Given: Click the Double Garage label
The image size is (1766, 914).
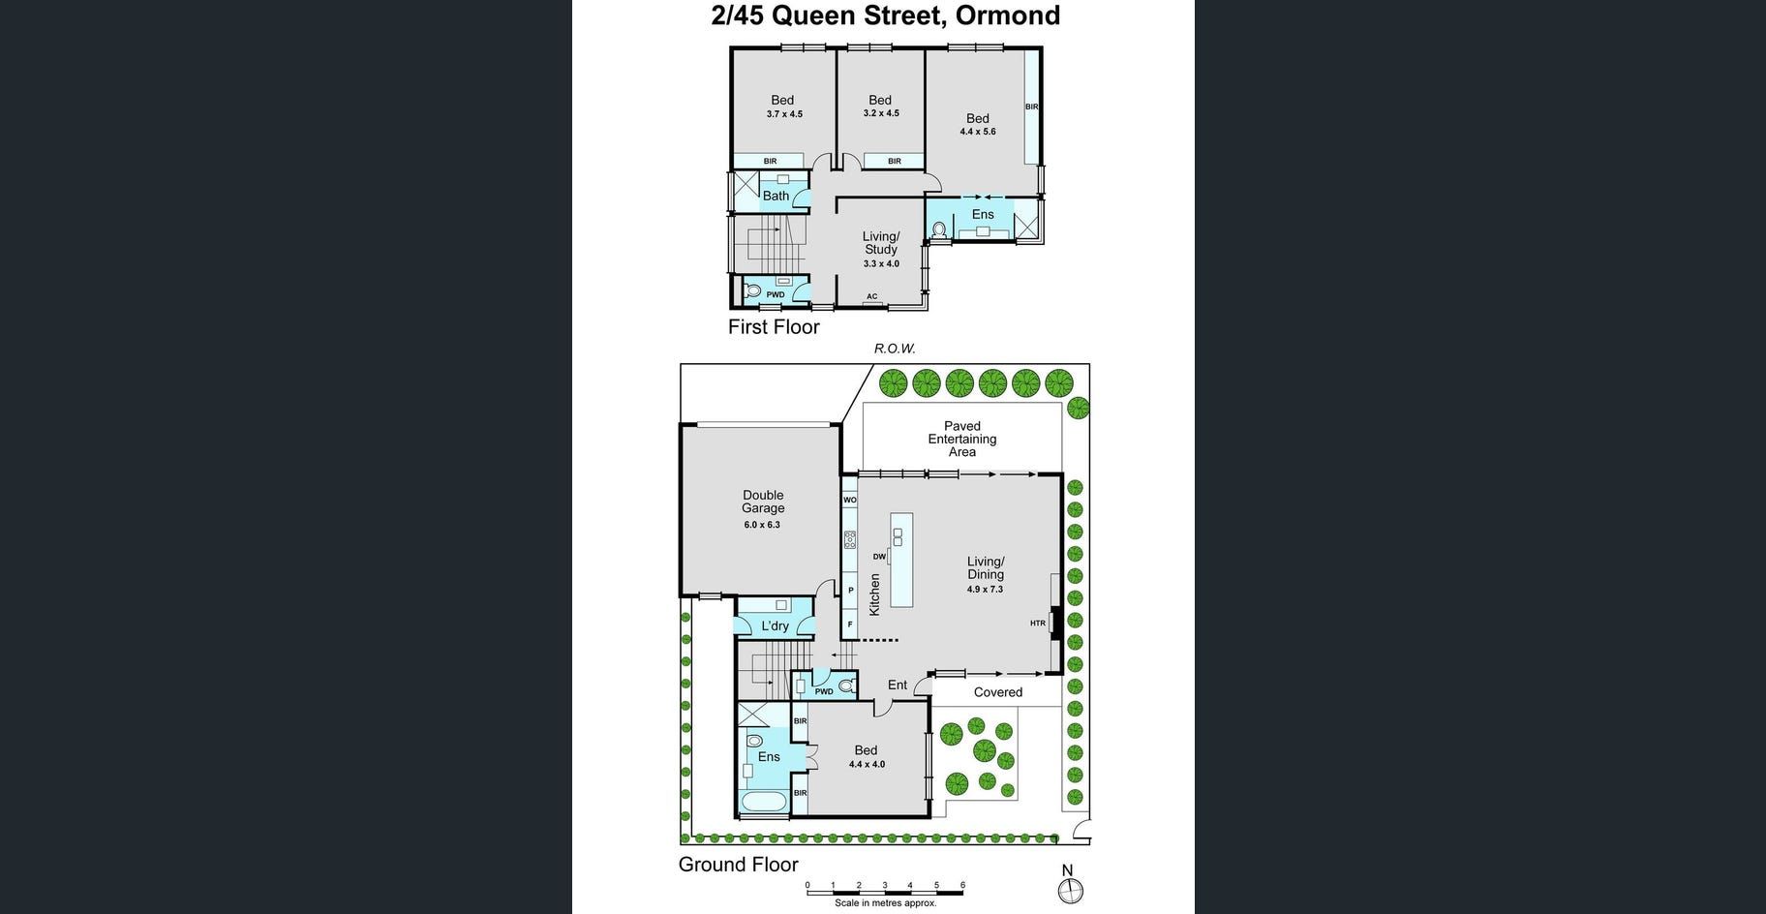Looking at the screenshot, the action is (763, 502).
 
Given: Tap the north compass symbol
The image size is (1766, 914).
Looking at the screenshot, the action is (1070, 885).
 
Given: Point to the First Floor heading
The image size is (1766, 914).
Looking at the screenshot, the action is (774, 327).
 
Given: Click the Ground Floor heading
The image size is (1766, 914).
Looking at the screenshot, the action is (738, 865).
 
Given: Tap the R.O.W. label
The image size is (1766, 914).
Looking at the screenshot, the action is (895, 349).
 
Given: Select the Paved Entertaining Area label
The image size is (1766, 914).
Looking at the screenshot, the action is (962, 439).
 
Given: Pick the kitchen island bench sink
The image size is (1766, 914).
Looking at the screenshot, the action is (898, 535).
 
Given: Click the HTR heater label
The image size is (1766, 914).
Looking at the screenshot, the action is (1038, 624).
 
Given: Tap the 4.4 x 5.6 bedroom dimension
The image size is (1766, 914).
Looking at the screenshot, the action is (978, 132).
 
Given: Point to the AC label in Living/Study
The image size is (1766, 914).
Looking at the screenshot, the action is (872, 297).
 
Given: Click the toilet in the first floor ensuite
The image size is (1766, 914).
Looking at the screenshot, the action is (938, 229).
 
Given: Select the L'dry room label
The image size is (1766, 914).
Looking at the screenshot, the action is (775, 626).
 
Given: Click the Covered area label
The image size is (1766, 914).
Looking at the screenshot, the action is (998, 692).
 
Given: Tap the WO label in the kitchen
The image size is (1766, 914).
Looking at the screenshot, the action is (850, 501).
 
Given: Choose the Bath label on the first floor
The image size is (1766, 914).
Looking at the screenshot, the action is (776, 196).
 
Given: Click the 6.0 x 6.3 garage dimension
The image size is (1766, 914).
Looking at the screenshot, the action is (762, 525).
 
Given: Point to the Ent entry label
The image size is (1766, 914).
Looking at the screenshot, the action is (898, 685).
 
